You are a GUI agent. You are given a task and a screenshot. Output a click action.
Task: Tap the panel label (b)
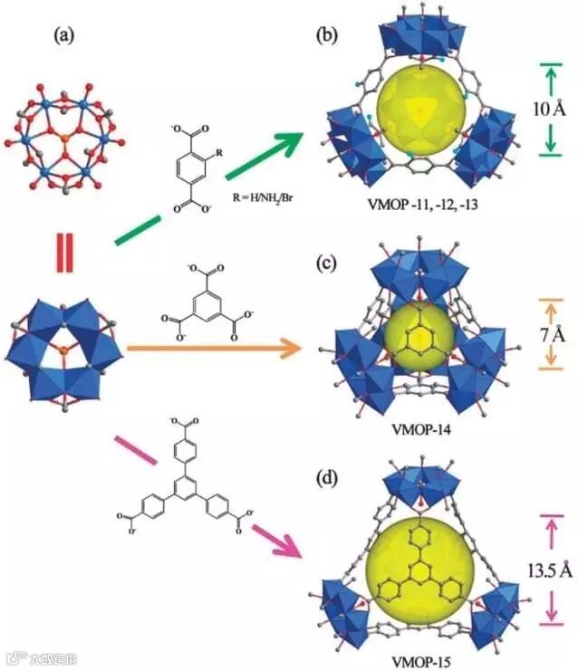[327, 36]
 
